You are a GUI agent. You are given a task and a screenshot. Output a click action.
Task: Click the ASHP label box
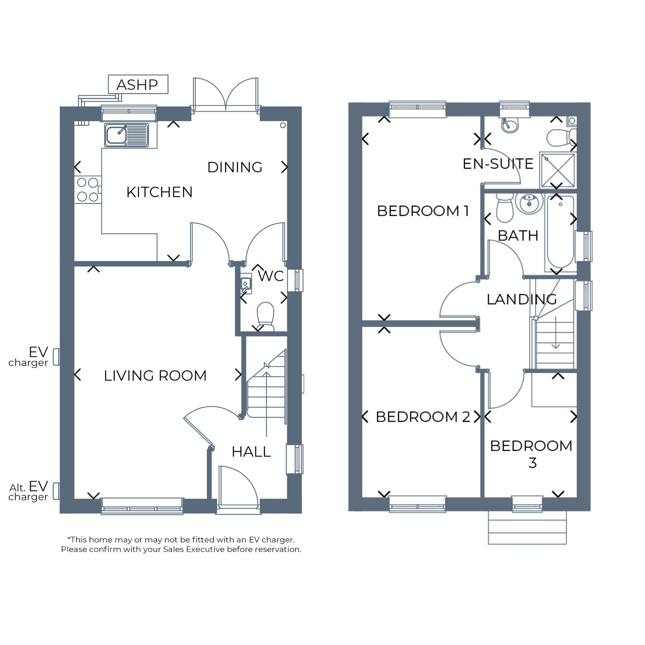coord(138,84)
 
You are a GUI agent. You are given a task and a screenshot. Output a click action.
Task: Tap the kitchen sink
coord(126,135)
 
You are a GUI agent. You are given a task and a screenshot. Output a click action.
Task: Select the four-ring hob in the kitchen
coord(88,190)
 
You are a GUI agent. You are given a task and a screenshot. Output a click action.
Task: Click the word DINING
coord(235,167)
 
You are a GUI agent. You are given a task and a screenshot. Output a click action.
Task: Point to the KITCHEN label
coord(159,192)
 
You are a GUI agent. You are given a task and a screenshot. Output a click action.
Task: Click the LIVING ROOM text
coord(155,376)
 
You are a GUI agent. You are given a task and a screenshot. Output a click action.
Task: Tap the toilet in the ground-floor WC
coord(266,316)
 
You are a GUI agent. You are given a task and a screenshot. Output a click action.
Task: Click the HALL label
coord(251,452)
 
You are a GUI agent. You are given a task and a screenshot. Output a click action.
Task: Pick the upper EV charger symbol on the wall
coord(56,357)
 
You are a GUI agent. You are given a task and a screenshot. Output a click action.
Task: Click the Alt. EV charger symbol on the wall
coord(56,491)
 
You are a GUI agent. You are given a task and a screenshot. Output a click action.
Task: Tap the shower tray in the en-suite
coord(558,170)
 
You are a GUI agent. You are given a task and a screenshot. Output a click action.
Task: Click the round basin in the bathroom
coord(529,203)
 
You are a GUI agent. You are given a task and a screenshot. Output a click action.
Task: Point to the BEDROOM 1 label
coord(423,211)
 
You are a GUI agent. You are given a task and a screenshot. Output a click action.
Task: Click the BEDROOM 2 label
coord(423,417)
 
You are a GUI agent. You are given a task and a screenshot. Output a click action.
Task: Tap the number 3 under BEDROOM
coord(532,463)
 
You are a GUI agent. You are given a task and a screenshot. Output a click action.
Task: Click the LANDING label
coord(522,300)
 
